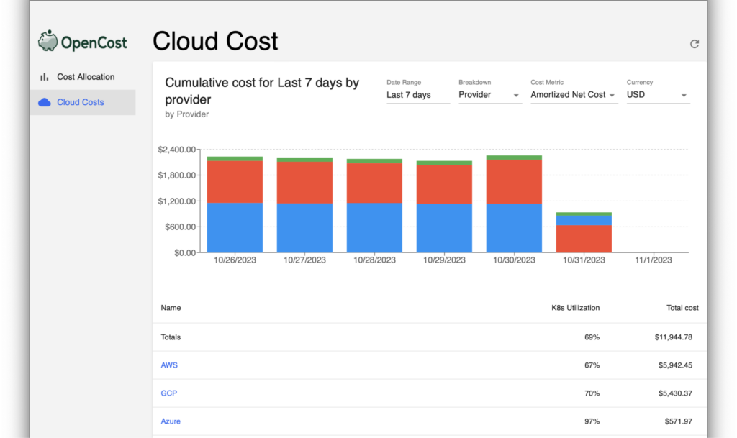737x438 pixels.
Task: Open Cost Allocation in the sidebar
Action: [x=85, y=77]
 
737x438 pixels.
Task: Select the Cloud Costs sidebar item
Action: [x=80, y=102]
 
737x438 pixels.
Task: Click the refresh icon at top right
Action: [x=695, y=44]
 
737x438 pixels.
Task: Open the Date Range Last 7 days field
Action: [x=417, y=95]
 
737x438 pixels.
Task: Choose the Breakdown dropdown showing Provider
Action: [x=489, y=95]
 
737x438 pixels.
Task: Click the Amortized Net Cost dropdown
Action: [x=574, y=95]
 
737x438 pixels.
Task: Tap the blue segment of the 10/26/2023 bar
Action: [x=235, y=227]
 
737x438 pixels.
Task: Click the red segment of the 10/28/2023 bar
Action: [x=374, y=183]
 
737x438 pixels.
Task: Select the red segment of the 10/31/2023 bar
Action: [x=584, y=239]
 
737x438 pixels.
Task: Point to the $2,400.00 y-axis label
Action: [x=177, y=150]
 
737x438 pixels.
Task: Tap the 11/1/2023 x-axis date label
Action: [x=654, y=260]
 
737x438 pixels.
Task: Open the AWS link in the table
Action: [x=169, y=365]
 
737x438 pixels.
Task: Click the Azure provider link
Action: [x=171, y=421]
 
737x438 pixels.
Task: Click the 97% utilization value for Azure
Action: [x=592, y=421]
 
